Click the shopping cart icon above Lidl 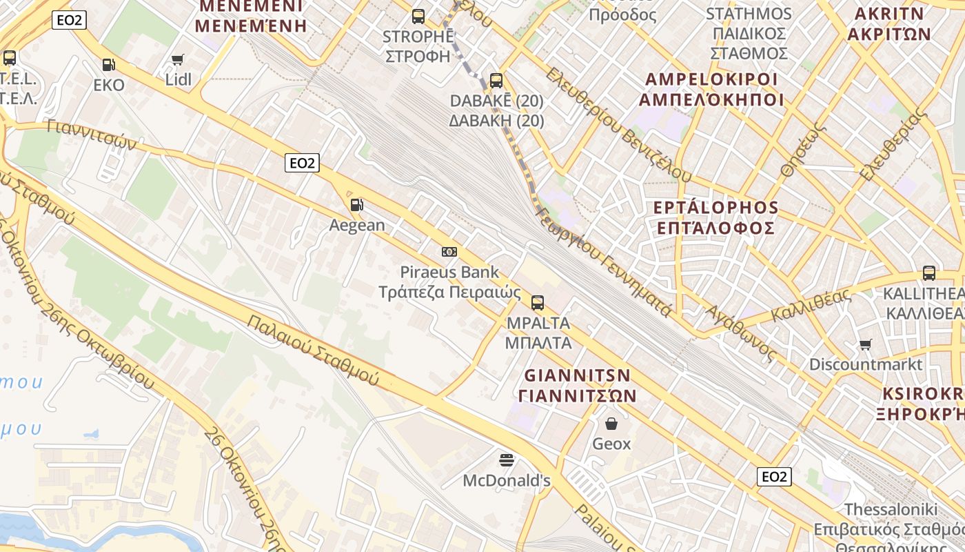[178, 60]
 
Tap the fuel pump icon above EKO [109, 65]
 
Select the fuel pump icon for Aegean [356, 205]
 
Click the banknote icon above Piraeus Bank [449, 252]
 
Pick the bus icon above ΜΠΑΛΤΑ [538, 302]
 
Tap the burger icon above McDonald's [507, 460]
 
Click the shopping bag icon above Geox [611, 423]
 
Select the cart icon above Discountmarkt [866, 344]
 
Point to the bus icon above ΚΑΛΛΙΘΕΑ [929, 273]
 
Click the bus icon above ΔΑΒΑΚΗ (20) [496, 80]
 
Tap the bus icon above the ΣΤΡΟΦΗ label [418, 17]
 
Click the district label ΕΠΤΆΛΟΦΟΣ [715, 228]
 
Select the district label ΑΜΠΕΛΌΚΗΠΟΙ [711, 100]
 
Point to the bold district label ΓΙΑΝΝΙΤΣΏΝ [577, 396]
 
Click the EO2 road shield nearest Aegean [302, 163]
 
